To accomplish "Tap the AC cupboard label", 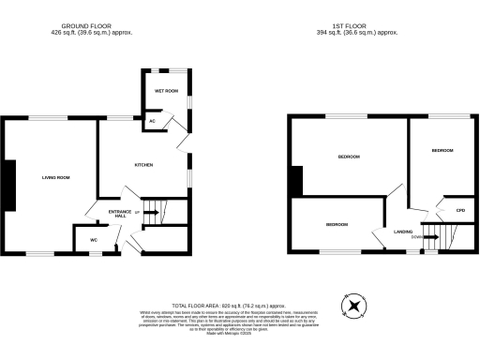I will (x=152, y=121).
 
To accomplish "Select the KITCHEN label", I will (x=143, y=165).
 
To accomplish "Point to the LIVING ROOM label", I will (x=56, y=177).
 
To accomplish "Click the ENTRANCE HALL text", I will (x=119, y=215).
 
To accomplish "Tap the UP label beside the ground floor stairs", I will (x=138, y=214).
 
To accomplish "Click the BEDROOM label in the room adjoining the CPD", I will (x=442, y=151).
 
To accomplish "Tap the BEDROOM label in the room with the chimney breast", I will (x=350, y=157).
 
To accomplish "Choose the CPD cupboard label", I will (x=460, y=211).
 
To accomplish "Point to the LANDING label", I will (x=404, y=231).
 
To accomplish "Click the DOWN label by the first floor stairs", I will (x=415, y=237).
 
